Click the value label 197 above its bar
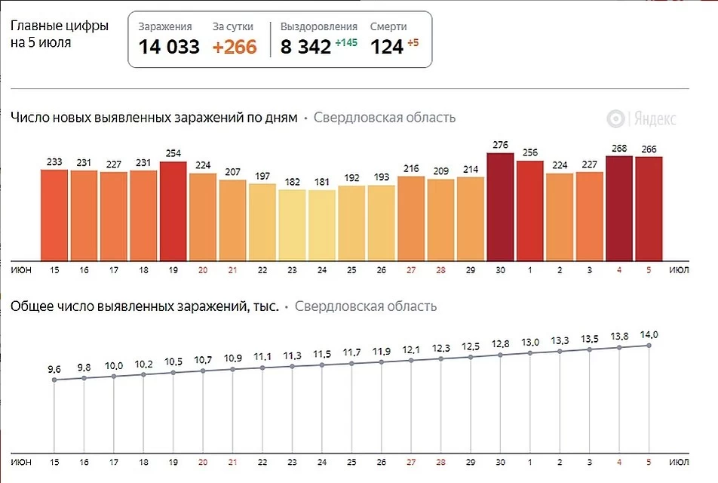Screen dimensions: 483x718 point(262,176)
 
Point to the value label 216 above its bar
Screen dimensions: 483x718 point(411,169)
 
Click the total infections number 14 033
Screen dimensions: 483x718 point(169,47)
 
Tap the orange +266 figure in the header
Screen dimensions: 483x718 point(234,47)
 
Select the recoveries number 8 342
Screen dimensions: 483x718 point(305,47)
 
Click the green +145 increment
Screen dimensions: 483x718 point(347,43)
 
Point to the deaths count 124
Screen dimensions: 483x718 point(387,47)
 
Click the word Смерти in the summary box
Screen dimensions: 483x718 point(388,26)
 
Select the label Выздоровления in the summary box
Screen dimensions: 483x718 point(319,26)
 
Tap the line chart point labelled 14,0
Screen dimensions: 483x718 point(649,345)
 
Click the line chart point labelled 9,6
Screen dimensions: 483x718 point(54,380)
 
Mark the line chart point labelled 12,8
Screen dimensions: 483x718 point(500,354)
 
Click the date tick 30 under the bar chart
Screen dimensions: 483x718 point(500,269)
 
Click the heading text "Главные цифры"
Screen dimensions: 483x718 point(60,26)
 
